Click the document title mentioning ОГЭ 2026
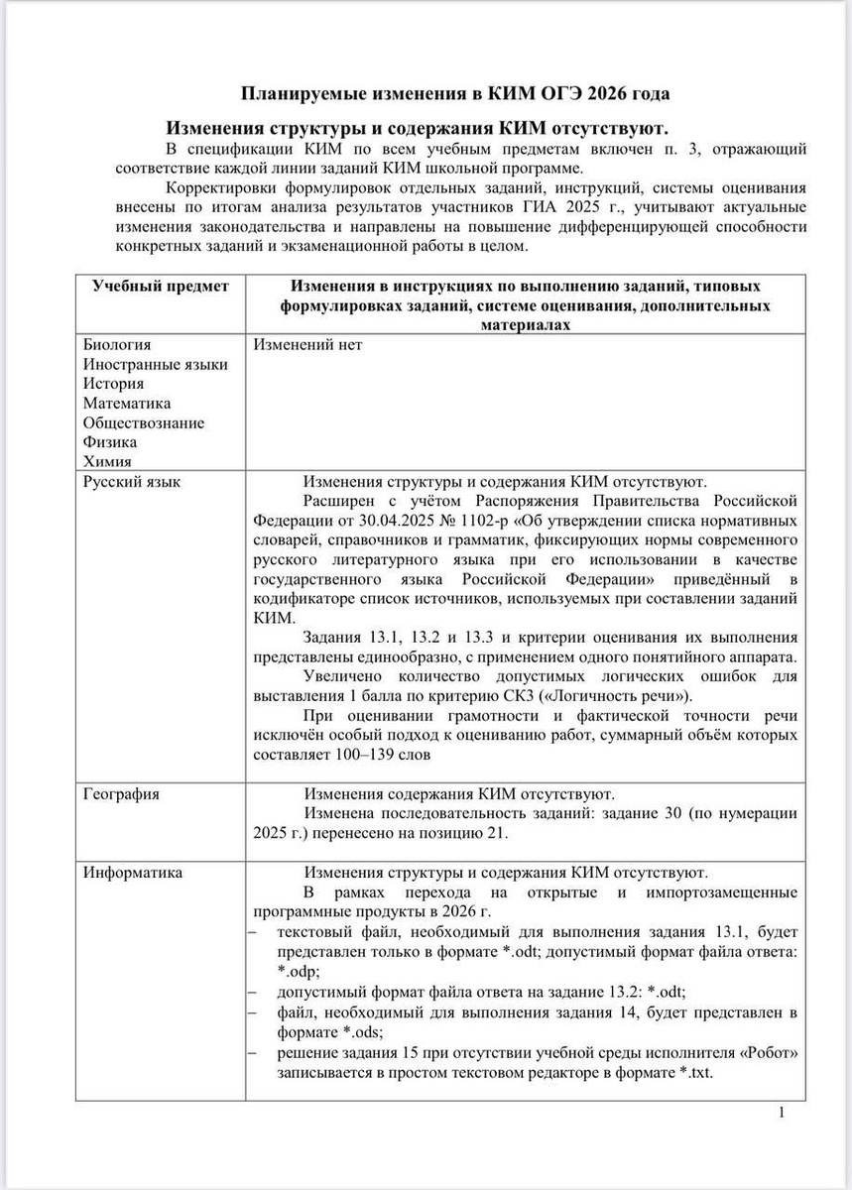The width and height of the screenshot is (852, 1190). (456, 94)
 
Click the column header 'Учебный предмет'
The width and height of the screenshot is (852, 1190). (161, 287)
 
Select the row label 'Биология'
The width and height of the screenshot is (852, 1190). (117, 345)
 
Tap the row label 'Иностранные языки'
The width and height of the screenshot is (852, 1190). (155, 364)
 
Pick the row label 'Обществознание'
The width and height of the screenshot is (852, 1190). (144, 422)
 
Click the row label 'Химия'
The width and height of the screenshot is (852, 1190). (107, 461)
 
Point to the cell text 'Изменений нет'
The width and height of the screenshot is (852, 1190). (308, 345)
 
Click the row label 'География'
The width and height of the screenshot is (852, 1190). (121, 794)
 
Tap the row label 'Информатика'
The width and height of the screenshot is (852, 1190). (133, 873)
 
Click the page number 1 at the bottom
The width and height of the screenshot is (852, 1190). (782, 1113)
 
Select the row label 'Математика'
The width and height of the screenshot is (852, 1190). (127, 403)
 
